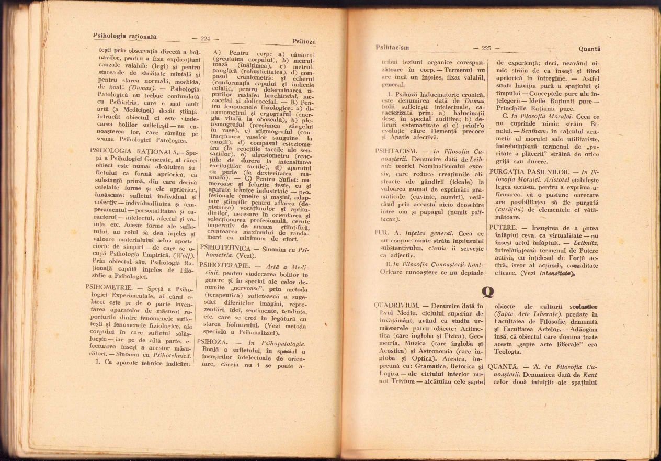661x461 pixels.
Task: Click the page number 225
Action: (486, 48)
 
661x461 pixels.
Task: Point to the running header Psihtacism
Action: (392, 47)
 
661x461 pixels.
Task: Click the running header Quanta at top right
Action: (589, 49)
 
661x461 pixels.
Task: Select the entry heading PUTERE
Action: (502, 228)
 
